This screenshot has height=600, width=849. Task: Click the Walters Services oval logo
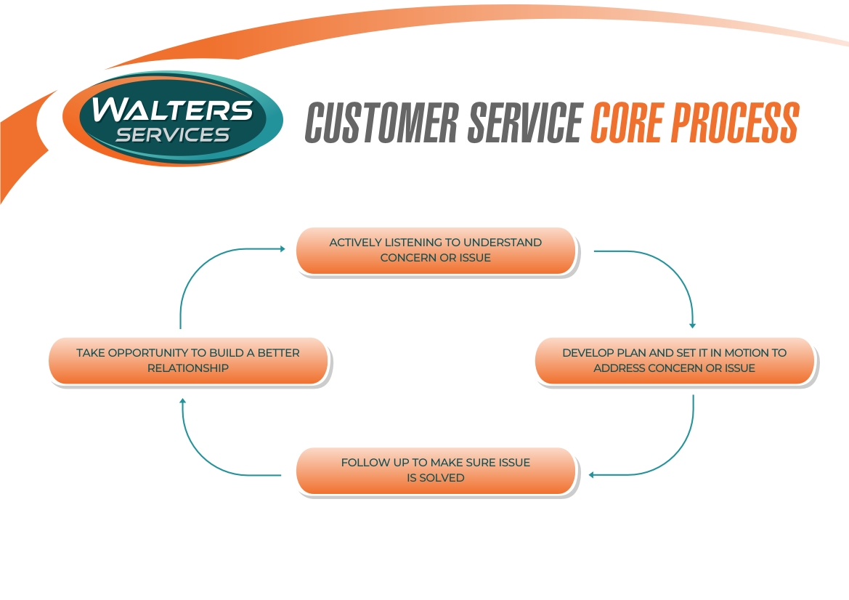tap(173, 118)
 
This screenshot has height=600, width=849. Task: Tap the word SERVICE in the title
tap(524, 123)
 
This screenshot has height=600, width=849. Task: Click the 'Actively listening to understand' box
tap(436, 251)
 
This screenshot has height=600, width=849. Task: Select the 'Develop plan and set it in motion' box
tap(674, 360)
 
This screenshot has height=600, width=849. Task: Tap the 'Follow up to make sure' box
tap(436, 471)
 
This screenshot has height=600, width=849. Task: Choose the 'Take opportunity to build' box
tap(188, 360)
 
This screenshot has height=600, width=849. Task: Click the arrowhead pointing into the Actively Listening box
tap(283, 248)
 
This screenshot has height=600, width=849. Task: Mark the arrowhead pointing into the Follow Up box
tap(592, 475)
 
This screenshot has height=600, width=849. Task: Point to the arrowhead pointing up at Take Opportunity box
tap(183, 400)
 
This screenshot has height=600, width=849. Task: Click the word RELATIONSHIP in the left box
tap(188, 368)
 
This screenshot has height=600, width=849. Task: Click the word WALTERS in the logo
tap(173, 109)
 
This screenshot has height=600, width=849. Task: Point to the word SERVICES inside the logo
tap(173, 134)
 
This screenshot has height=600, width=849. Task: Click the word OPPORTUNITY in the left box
tap(150, 353)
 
